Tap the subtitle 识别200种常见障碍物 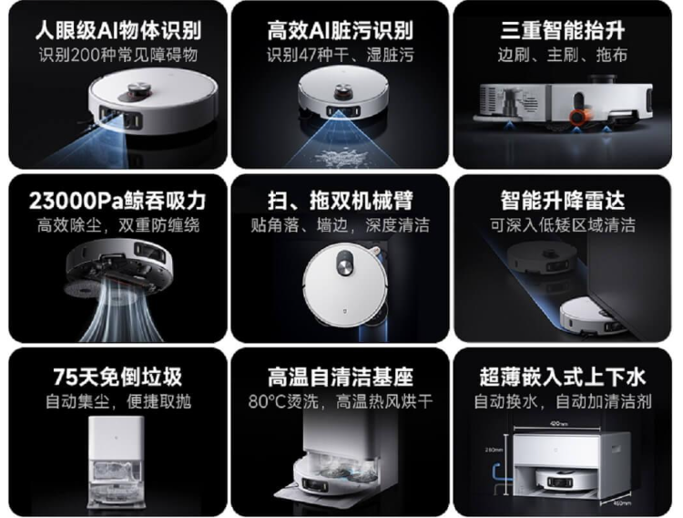(117, 55)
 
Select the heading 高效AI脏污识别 (340, 30)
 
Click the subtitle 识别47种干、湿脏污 (340, 55)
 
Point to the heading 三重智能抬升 (564, 30)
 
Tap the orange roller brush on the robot (577, 119)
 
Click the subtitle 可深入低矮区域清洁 (564, 225)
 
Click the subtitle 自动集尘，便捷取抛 (117, 400)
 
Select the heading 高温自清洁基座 (340, 376)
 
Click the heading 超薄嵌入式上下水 (564, 376)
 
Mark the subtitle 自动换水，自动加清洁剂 (564, 400)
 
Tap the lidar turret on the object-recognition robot (140, 89)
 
